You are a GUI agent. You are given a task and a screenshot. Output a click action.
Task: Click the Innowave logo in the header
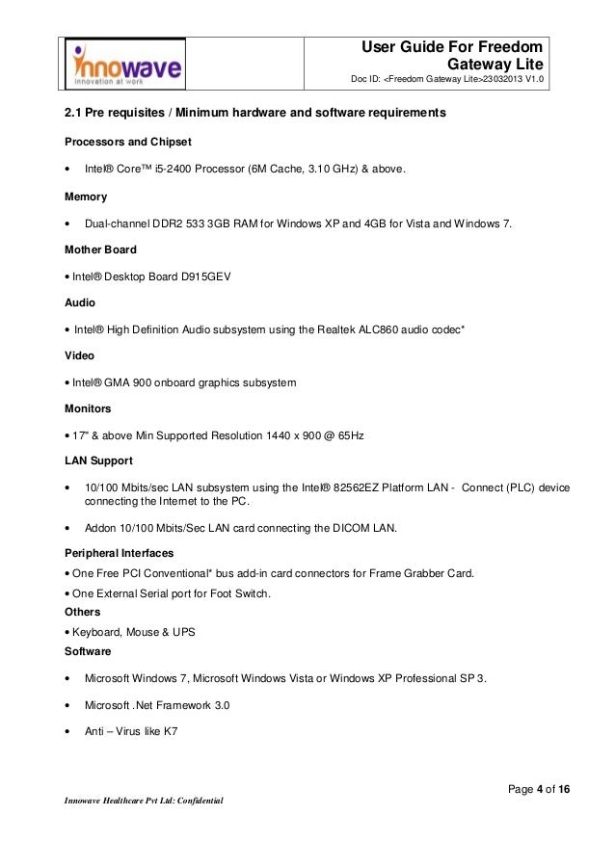[x=127, y=64]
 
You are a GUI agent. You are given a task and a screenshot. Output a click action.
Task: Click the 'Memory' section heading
[x=86, y=197]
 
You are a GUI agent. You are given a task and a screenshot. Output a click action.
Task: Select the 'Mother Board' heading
[x=100, y=250]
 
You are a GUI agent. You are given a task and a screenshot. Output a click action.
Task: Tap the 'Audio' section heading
[x=80, y=302]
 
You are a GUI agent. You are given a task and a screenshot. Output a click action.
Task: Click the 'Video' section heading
[x=80, y=355]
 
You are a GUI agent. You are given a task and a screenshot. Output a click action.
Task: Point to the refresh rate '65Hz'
[x=347, y=435]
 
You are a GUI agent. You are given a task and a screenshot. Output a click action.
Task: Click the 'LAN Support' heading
[x=98, y=461]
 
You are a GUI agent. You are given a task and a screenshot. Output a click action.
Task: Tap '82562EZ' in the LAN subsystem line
[x=370, y=488]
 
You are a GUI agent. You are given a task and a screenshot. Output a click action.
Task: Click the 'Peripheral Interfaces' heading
[x=119, y=554]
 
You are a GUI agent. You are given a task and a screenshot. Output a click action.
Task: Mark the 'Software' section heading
[x=89, y=652]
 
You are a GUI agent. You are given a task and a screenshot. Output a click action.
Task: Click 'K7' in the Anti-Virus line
[x=170, y=732]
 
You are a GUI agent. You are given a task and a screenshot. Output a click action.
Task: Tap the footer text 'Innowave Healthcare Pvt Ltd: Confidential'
[x=144, y=801]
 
